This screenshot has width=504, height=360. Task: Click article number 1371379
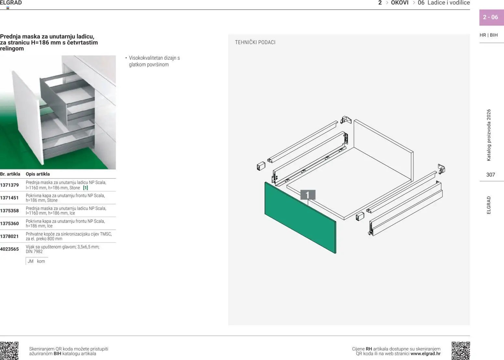[x=9, y=185]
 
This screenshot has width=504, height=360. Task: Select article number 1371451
[x=9, y=198]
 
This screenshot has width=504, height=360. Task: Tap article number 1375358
[x=9, y=211]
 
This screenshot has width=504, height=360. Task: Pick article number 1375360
[x=9, y=224]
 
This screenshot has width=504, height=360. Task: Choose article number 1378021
[x=9, y=236]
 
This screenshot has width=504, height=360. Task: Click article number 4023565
[x=9, y=249]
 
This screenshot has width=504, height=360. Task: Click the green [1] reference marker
[x=86, y=188]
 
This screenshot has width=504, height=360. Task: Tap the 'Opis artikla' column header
[x=38, y=174]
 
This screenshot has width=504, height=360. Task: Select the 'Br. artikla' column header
[x=10, y=174]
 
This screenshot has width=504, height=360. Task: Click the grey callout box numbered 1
[x=308, y=195]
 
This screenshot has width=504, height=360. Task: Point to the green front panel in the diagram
[x=300, y=217]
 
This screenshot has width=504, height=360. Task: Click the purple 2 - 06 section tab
[x=491, y=17]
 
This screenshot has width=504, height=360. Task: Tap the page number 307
[x=490, y=175]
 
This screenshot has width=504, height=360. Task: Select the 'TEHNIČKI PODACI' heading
[x=255, y=42]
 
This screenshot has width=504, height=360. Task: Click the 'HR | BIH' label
[x=488, y=35]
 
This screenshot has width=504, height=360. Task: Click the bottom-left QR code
[x=9, y=351]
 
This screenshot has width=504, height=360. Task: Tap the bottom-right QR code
[x=460, y=351]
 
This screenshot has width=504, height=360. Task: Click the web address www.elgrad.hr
[x=426, y=354]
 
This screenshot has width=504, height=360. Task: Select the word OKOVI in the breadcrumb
[x=400, y=3]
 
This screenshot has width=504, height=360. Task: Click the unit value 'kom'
[x=41, y=261]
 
